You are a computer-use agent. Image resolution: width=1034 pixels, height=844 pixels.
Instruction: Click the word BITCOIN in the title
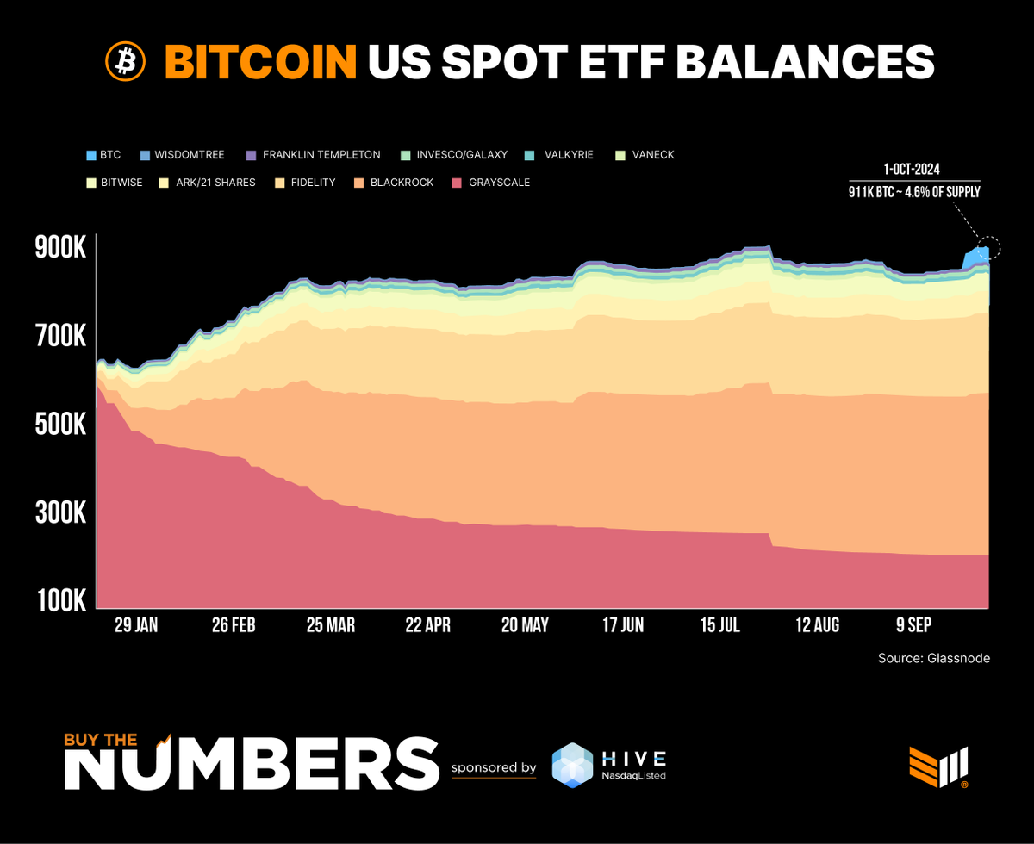click(260, 61)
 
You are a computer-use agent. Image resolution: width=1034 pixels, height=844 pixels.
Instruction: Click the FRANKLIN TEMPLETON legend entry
click(321, 155)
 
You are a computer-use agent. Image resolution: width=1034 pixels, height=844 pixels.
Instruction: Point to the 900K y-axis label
click(60, 249)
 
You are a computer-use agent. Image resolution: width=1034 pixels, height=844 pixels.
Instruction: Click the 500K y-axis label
click(60, 425)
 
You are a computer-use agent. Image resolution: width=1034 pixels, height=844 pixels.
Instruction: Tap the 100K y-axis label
click(60, 600)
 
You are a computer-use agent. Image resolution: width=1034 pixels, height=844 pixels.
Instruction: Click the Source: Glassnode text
click(934, 658)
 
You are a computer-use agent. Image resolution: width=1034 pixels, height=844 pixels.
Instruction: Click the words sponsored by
click(494, 767)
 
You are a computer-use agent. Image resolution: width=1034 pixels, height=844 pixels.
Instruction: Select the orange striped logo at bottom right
click(938, 766)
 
